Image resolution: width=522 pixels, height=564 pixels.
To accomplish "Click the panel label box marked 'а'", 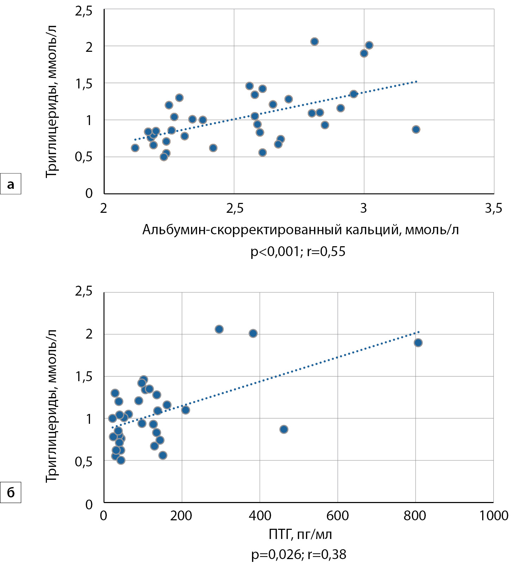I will click(11, 184).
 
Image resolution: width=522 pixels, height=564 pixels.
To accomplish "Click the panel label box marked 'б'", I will click(11, 492).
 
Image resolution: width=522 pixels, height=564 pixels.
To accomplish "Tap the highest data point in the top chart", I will click(314, 42).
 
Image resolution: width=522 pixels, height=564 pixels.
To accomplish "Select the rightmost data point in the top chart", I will click(416, 129).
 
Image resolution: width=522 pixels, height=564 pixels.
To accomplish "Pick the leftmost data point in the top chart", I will click(135, 148).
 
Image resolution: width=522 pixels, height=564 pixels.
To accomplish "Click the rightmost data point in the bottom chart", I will click(418, 343).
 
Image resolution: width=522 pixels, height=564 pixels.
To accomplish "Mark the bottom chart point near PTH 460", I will click(284, 429).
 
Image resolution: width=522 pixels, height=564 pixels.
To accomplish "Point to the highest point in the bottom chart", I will click(219, 329).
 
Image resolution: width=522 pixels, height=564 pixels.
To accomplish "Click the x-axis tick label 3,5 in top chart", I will click(493, 209).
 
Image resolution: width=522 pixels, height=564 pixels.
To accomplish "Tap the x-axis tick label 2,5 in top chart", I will click(235, 209).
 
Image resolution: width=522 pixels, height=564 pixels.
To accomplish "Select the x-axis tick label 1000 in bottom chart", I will click(493, 516).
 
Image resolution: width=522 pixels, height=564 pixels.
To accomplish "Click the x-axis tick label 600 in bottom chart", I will click(337, 516).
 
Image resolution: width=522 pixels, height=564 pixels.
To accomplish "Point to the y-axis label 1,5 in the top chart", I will click(84, 84).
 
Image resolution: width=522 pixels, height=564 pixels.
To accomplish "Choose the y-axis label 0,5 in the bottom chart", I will click(84, 461).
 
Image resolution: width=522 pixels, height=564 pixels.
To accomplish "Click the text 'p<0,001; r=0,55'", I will click(298, 252).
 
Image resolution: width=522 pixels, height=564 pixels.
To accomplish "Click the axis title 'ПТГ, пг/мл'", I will click(300, 535).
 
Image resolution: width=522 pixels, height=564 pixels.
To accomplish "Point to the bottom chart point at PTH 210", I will click(185, 410).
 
